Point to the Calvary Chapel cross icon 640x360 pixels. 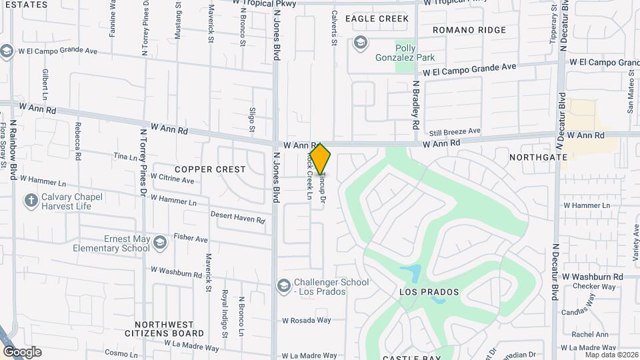click(30, 200)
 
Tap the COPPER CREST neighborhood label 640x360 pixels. click(211, 169)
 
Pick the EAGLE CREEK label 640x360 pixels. click(377, 19)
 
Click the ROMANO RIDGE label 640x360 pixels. click(469, 30)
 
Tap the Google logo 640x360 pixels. click(22, 352)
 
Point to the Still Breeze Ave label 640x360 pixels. click(455, 132)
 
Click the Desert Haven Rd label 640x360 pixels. click(238, 217)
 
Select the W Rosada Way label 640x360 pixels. click(306, 320)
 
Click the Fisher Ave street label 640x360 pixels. click(191, 237)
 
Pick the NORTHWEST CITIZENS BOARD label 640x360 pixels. click(165, 328)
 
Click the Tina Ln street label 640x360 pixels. click(125, 156)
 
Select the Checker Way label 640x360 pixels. click(595, 287)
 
